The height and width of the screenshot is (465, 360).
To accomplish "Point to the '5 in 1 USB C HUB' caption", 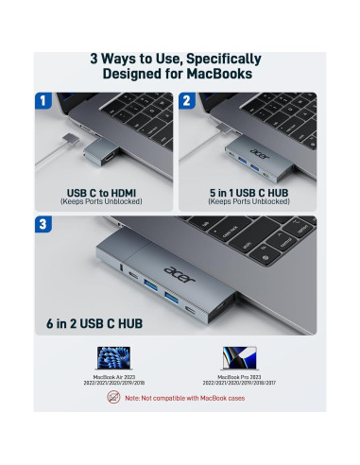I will coord(251,193).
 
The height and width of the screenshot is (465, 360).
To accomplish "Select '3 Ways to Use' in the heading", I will coord(137,57).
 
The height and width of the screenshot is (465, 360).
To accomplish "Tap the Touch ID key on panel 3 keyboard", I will coord(300,230).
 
